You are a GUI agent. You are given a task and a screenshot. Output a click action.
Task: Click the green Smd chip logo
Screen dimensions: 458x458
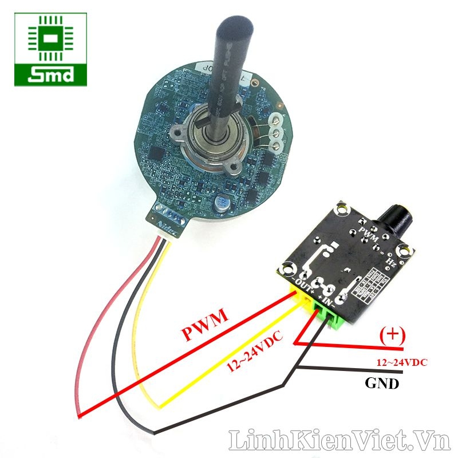[x=51, y=49]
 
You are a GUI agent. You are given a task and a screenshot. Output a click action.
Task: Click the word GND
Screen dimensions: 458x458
[x=382, y=384]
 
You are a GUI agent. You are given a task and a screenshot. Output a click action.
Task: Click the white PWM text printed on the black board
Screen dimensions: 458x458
[x=368, y=234]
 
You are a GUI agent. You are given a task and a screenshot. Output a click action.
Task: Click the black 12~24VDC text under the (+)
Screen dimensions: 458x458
[x=402, y=362]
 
